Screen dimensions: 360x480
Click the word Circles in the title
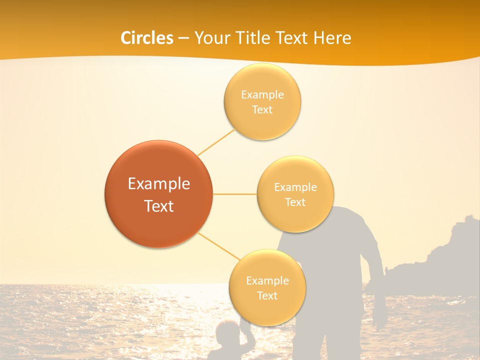tap(147, 38)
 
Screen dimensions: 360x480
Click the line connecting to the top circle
tap(216, 142)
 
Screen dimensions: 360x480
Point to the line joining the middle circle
tap(234, 194)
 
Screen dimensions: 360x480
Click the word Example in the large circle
tap(158, 184)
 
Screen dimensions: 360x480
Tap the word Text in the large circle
tap(158, 206)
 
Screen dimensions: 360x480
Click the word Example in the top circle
tap(262, 95)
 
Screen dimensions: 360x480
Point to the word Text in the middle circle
tap(295, 202)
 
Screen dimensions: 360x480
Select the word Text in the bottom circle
tap(267, 296)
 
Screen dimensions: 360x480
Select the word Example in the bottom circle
tap(267, 281)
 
